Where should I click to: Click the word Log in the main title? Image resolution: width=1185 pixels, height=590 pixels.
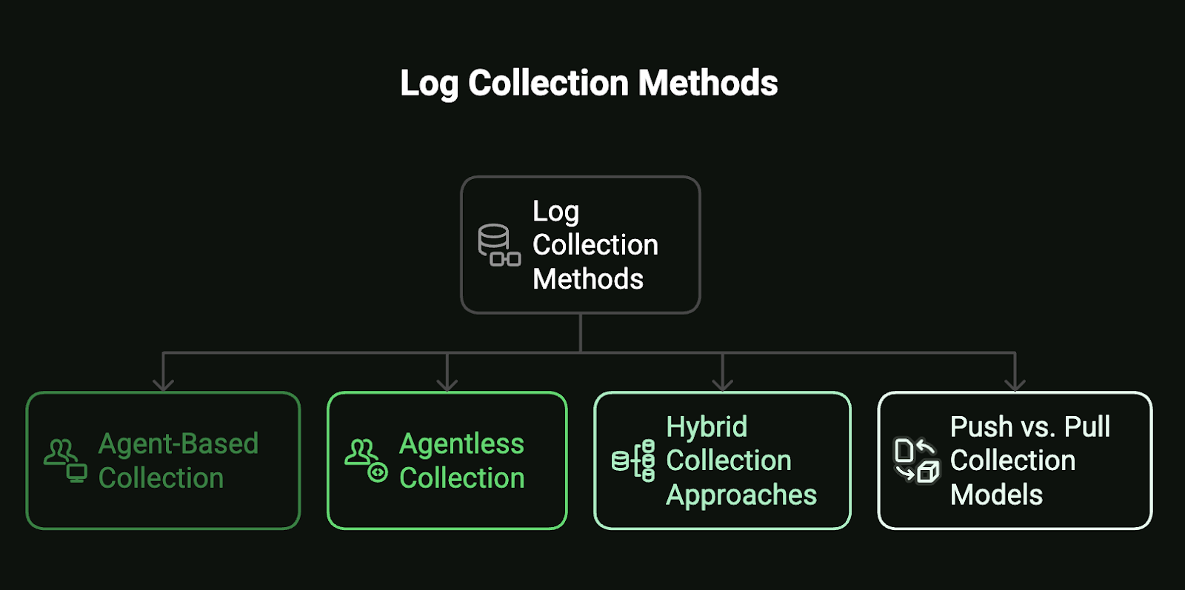429,84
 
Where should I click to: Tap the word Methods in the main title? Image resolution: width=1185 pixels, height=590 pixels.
708,83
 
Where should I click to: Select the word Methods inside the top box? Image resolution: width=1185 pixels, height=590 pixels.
588,279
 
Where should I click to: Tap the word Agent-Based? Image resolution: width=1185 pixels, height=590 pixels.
178,444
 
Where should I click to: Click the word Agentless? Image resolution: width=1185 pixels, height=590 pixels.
461,444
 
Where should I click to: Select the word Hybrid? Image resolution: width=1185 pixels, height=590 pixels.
707,426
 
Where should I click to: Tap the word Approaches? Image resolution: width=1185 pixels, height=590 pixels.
741,495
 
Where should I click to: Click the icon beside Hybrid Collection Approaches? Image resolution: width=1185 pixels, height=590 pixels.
633,460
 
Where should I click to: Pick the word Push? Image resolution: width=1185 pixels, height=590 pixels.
981,426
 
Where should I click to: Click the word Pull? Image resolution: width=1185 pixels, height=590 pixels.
1086,426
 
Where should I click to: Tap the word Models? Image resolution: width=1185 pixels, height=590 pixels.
996,495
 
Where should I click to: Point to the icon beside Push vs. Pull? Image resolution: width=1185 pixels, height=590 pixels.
916,460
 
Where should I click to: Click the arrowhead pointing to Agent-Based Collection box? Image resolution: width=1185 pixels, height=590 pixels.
163,383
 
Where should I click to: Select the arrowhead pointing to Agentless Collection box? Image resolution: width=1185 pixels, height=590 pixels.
447,383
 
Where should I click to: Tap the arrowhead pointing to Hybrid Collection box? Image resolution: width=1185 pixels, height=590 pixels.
722,383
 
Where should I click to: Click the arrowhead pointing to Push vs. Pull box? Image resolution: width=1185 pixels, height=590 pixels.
1015,383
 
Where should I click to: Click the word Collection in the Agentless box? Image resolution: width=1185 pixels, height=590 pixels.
461,478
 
